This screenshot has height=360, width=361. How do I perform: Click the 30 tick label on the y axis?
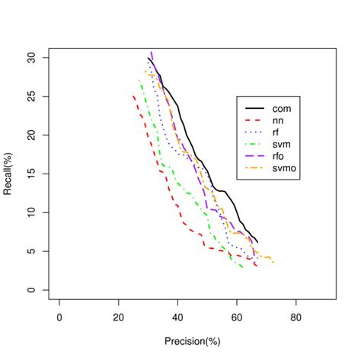pyautogui.click(x=32, y=58)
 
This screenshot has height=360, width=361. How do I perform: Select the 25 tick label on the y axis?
pyautogui.click(x=32, y=97)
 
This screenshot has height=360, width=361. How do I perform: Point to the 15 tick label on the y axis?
pyautogui.click(x=32, y=174)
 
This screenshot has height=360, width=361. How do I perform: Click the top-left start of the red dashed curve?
pyautogui.click(x=133, y=96)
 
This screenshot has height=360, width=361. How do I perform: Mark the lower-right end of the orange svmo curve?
pyautogui.click(x=273, y=263)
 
